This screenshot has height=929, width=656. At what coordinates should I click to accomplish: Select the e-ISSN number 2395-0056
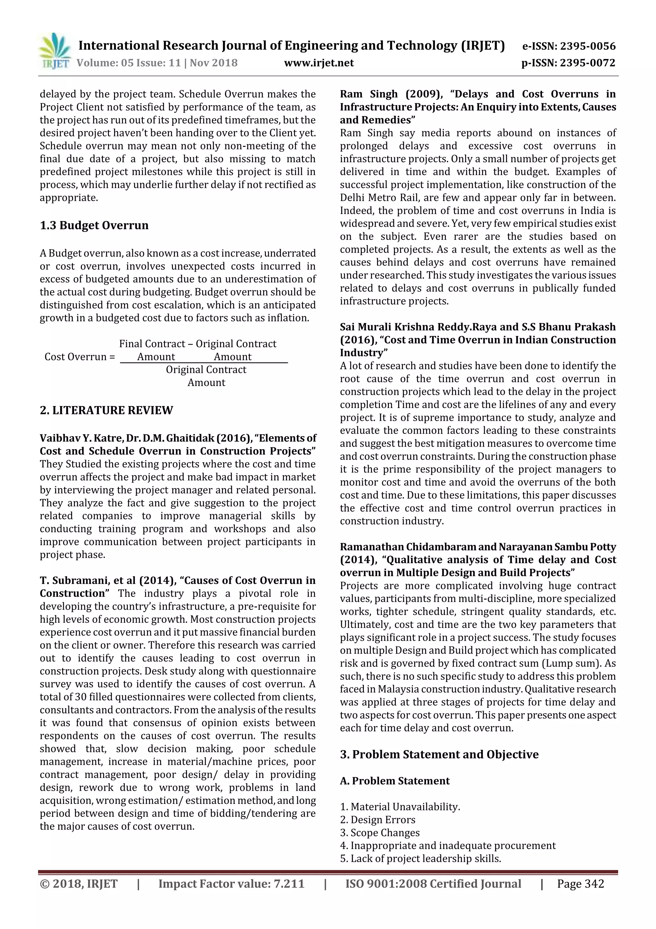[587, 46]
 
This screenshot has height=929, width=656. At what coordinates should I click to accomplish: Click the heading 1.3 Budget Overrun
[94, 225]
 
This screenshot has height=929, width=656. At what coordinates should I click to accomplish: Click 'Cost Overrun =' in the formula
[79, 357]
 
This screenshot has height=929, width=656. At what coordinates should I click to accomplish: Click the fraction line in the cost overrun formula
[204, 363]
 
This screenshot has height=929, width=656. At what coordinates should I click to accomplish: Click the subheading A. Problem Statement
[395, 781]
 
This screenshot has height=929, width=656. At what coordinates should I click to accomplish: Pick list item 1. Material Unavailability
[400, 807]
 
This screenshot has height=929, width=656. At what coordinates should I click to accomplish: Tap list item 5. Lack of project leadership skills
[420, 858]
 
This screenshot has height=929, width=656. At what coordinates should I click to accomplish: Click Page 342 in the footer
[580, 884]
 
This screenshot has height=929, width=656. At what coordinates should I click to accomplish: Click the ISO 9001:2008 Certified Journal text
[433, 884]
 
